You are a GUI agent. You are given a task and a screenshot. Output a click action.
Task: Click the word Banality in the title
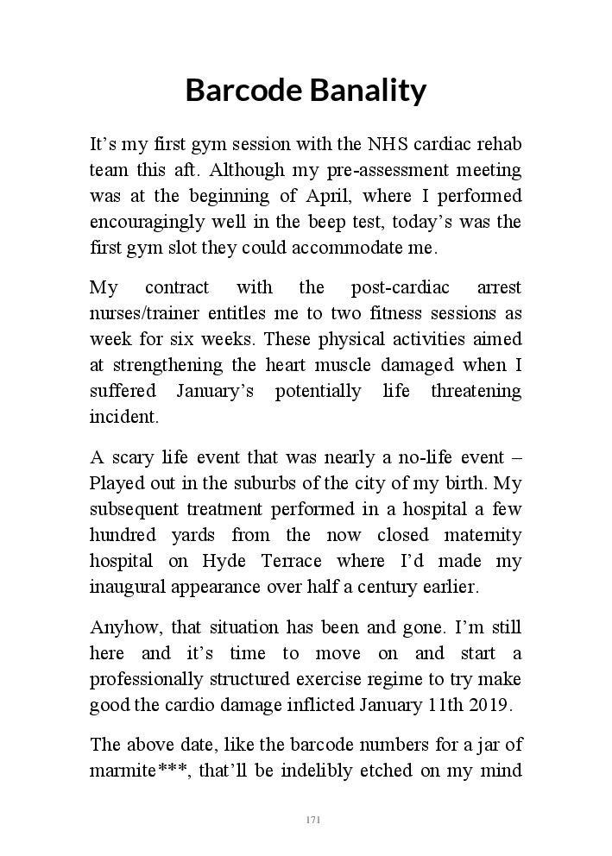(x=367, y=90)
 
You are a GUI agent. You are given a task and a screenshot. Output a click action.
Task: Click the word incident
(x=124, y=418)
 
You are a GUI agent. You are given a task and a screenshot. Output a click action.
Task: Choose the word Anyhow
(x=123, y=627)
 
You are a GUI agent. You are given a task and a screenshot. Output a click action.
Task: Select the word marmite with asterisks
(x=141, y=771)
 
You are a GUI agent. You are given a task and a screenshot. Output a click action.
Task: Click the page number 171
(x=313, y=819)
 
